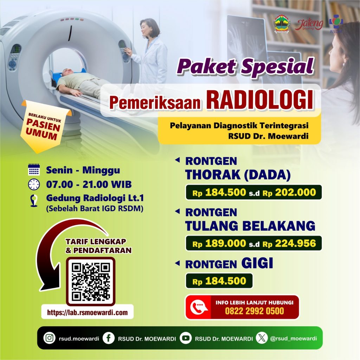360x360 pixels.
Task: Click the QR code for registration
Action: coord(91,282)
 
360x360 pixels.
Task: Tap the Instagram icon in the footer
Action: coord(49,338)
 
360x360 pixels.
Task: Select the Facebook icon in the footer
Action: coord(109,338)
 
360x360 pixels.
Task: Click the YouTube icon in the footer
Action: coord(186,338)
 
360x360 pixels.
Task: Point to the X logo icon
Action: coord(262,338)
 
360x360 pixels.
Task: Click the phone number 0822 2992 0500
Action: coord(255,311)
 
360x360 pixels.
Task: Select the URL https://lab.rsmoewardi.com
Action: coord(87,312)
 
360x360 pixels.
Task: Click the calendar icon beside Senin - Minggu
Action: coord(34,170)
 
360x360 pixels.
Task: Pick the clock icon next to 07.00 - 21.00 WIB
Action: coord(34,184)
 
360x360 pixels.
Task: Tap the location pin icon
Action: coord(34,200)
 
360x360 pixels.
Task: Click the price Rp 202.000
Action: coord(289,192)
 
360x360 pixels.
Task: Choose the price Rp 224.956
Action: coord(289,243)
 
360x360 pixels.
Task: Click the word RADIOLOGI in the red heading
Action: coord(260,100)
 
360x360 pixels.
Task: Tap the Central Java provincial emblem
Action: coord(282,24)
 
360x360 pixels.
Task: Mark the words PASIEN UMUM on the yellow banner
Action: coord(43,129)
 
